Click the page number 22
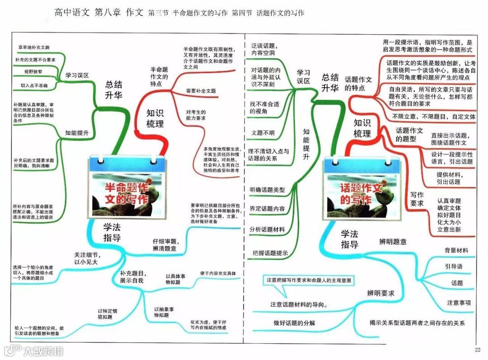point(478,350)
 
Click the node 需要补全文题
point(201,91)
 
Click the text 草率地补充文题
point(33,47)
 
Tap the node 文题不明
point(263,132)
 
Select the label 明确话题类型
point(267,190)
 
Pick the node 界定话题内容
point(267,209)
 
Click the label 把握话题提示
point(270,253)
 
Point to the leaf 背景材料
point(456,250)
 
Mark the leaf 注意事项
point(459,303)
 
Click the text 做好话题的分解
point(294,323)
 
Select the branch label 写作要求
point(417,199)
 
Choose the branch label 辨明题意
point(393,242)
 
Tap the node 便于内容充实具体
point(218,273)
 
